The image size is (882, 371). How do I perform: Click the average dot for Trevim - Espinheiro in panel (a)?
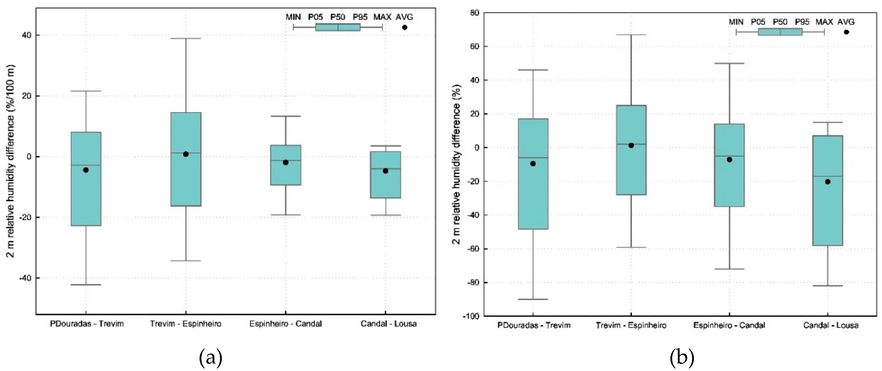pyautogui.click(x=186, y=154)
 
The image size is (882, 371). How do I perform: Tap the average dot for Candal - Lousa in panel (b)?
pyautogui.click(x=827, y=182)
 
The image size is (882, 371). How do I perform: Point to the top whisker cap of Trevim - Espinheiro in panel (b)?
pyautogui.click(x=631, y=35)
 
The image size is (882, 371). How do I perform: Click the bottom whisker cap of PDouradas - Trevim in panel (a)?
pyautogui.click(x=86, y=285)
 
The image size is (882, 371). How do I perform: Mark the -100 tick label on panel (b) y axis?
pyautogui.click(x=471, y=316)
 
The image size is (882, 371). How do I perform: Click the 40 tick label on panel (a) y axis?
pyautogui.click(x=26, y=35)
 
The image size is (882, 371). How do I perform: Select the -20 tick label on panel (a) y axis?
pyautogui.click(x=24, y=217)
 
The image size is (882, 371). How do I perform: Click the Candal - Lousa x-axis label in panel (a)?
pyautogui.click(x=389, y=324)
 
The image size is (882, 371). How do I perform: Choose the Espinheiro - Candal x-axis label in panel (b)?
pyautogui.click(x=729, y=325)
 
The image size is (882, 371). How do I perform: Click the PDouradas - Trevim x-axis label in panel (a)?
pyautogui.click(x=87, y=324)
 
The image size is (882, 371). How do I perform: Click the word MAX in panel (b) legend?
pyautogui.click(x=824, y=22)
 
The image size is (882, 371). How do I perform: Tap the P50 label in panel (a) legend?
pyautogui.click(x=337, y=17)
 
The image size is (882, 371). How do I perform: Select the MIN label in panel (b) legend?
pyautogui.click(x=736, y=22)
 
